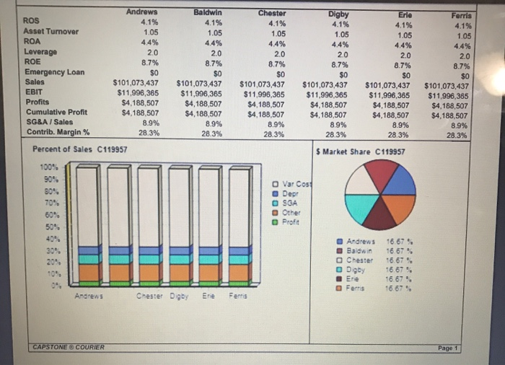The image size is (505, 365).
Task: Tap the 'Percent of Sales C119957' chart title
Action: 81,149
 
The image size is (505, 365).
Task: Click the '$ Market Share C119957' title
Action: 361,151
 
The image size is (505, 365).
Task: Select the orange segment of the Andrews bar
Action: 90,272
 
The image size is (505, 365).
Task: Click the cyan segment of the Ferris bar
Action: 240,258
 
